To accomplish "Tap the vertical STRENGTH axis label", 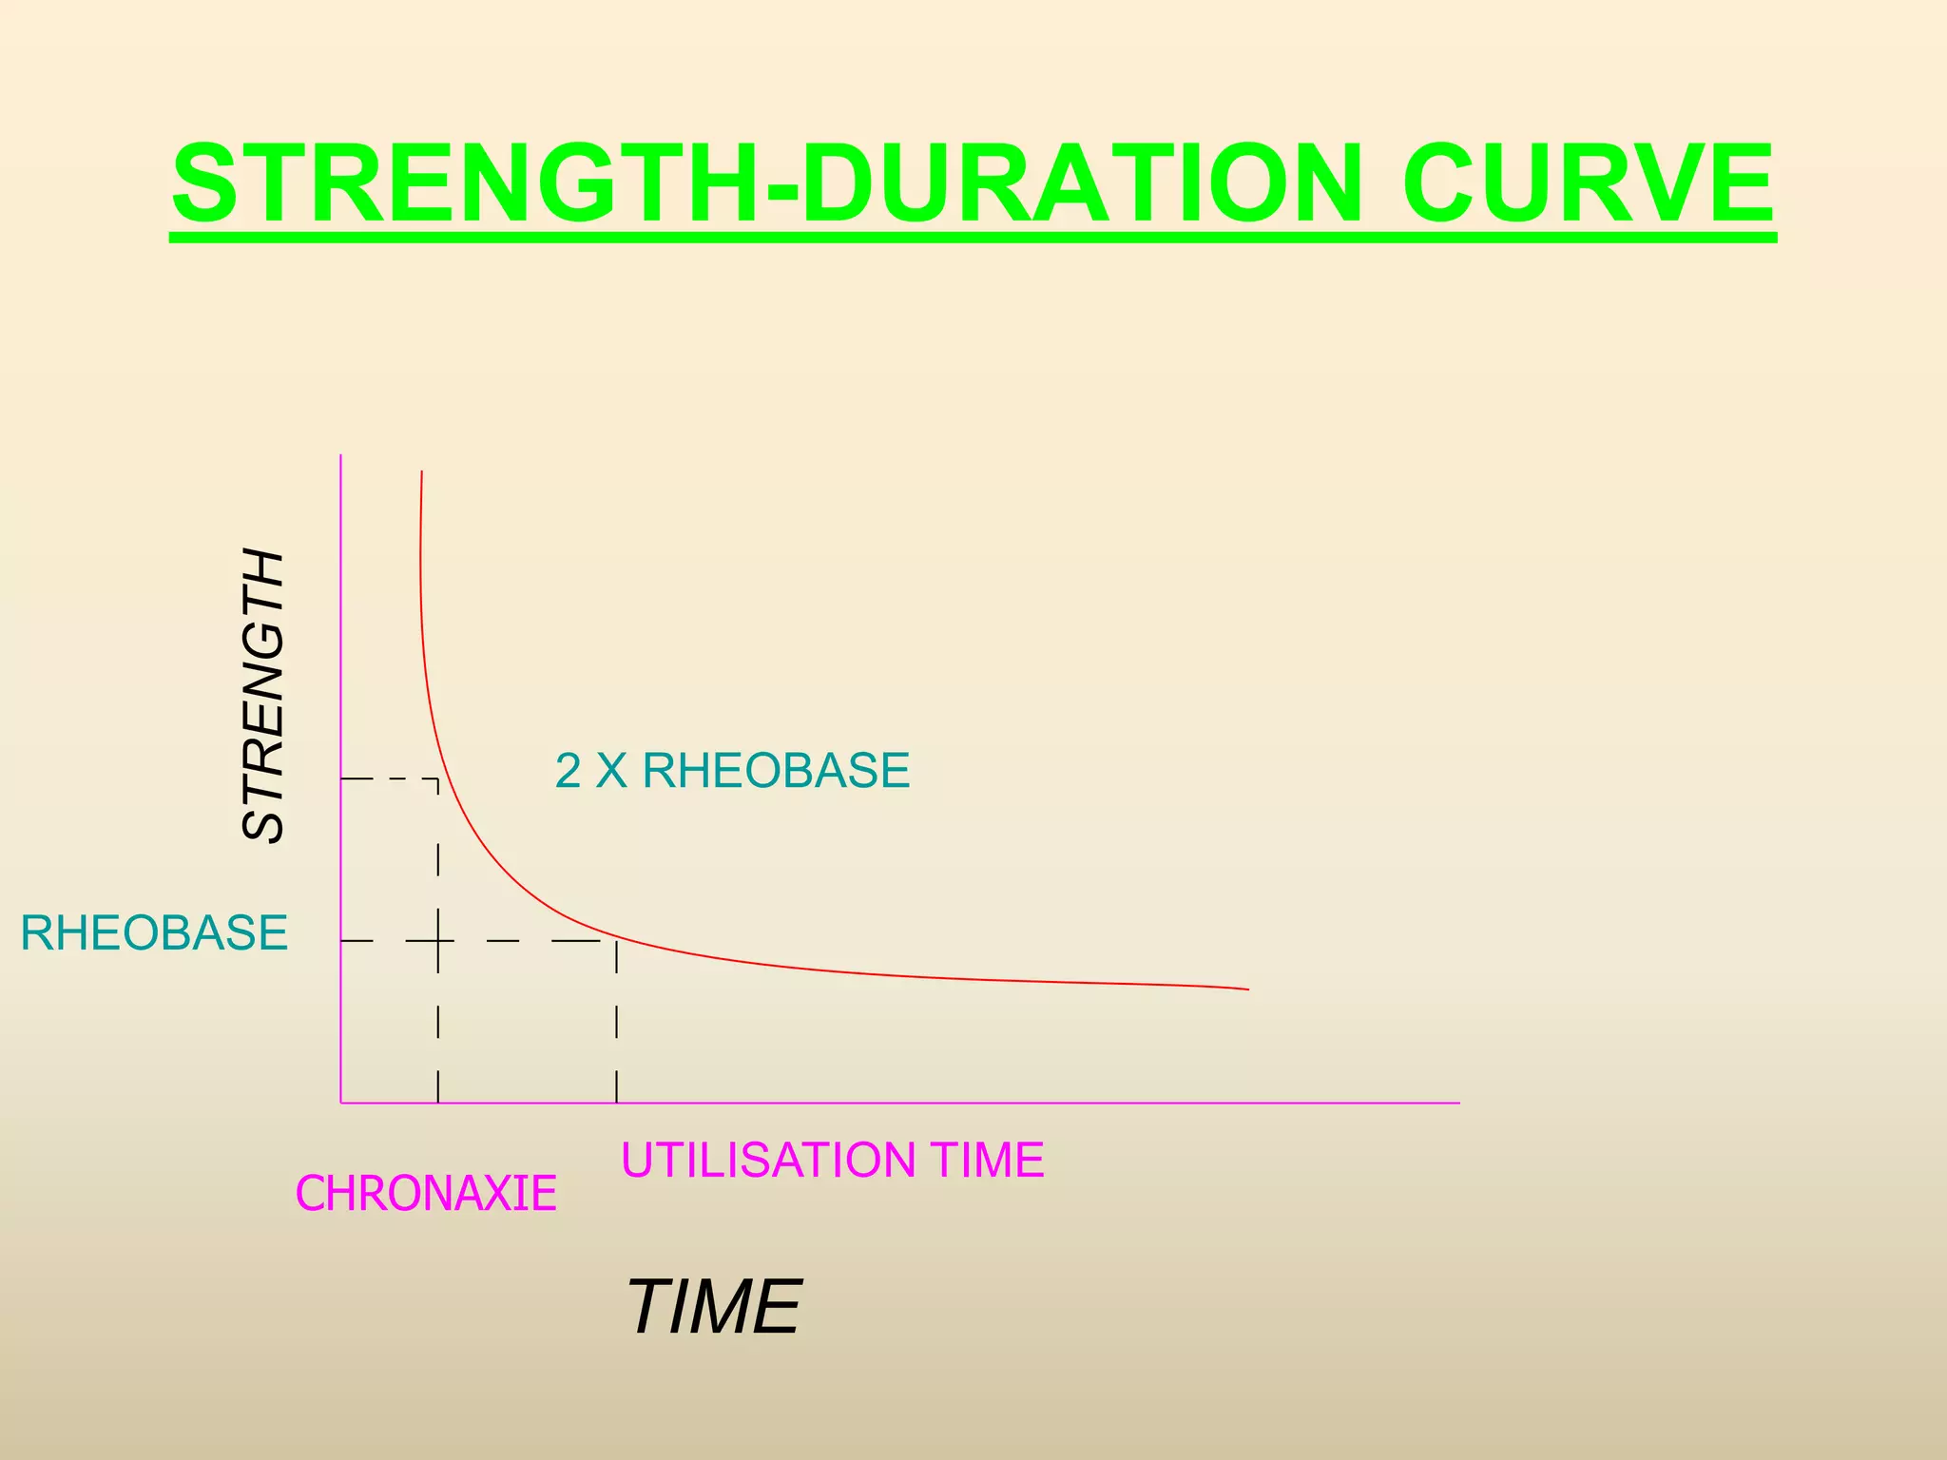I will pos(263,696).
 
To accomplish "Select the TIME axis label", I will pos(713,1308).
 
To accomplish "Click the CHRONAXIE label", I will pos(426,1194).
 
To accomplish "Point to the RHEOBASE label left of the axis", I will pos(154,932).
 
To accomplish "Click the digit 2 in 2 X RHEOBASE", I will pos(568,771).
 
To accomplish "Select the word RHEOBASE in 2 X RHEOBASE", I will pos(776,771).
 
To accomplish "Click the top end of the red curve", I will pos(422,472).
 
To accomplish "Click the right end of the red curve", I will pos(1246,989).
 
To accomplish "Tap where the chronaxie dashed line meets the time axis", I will pos(437,1103).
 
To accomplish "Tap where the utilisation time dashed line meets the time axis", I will pos(617,1103).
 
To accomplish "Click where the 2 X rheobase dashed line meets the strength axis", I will pos(341,779).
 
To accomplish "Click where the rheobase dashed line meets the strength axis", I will pos(341,941).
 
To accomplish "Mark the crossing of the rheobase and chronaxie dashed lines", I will pos(437,941).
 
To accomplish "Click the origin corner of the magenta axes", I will pos(341,1103).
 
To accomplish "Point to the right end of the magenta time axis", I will pos(1457,1103).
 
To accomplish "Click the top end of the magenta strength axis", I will pos(341,456).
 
